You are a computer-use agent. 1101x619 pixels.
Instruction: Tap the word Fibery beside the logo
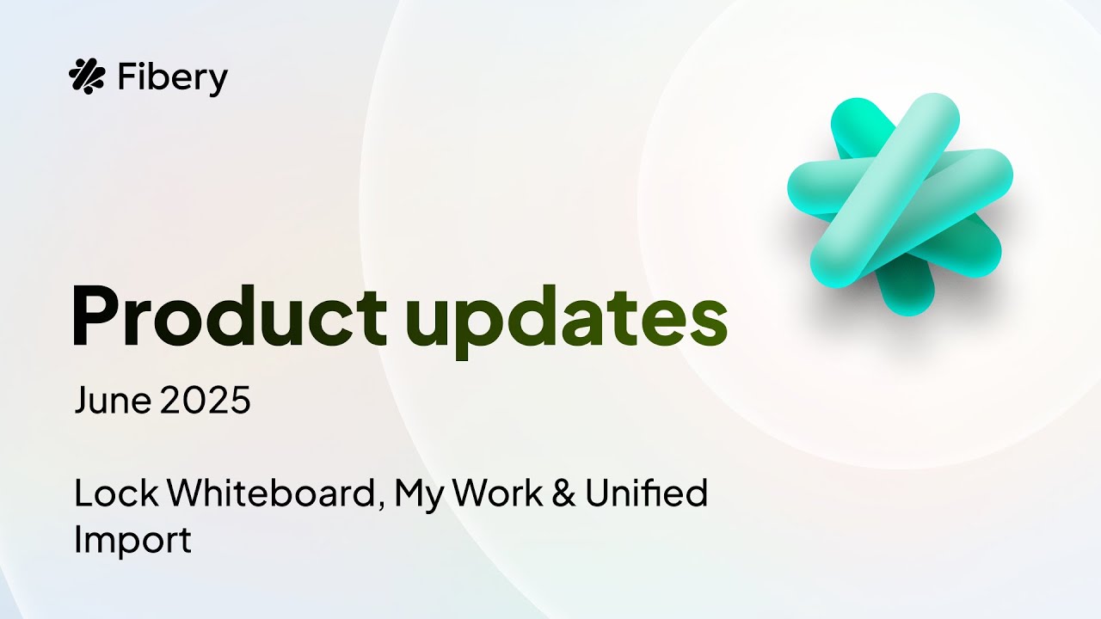(x=172, y=78)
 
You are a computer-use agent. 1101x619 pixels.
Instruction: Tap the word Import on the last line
(x=132, y=541)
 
